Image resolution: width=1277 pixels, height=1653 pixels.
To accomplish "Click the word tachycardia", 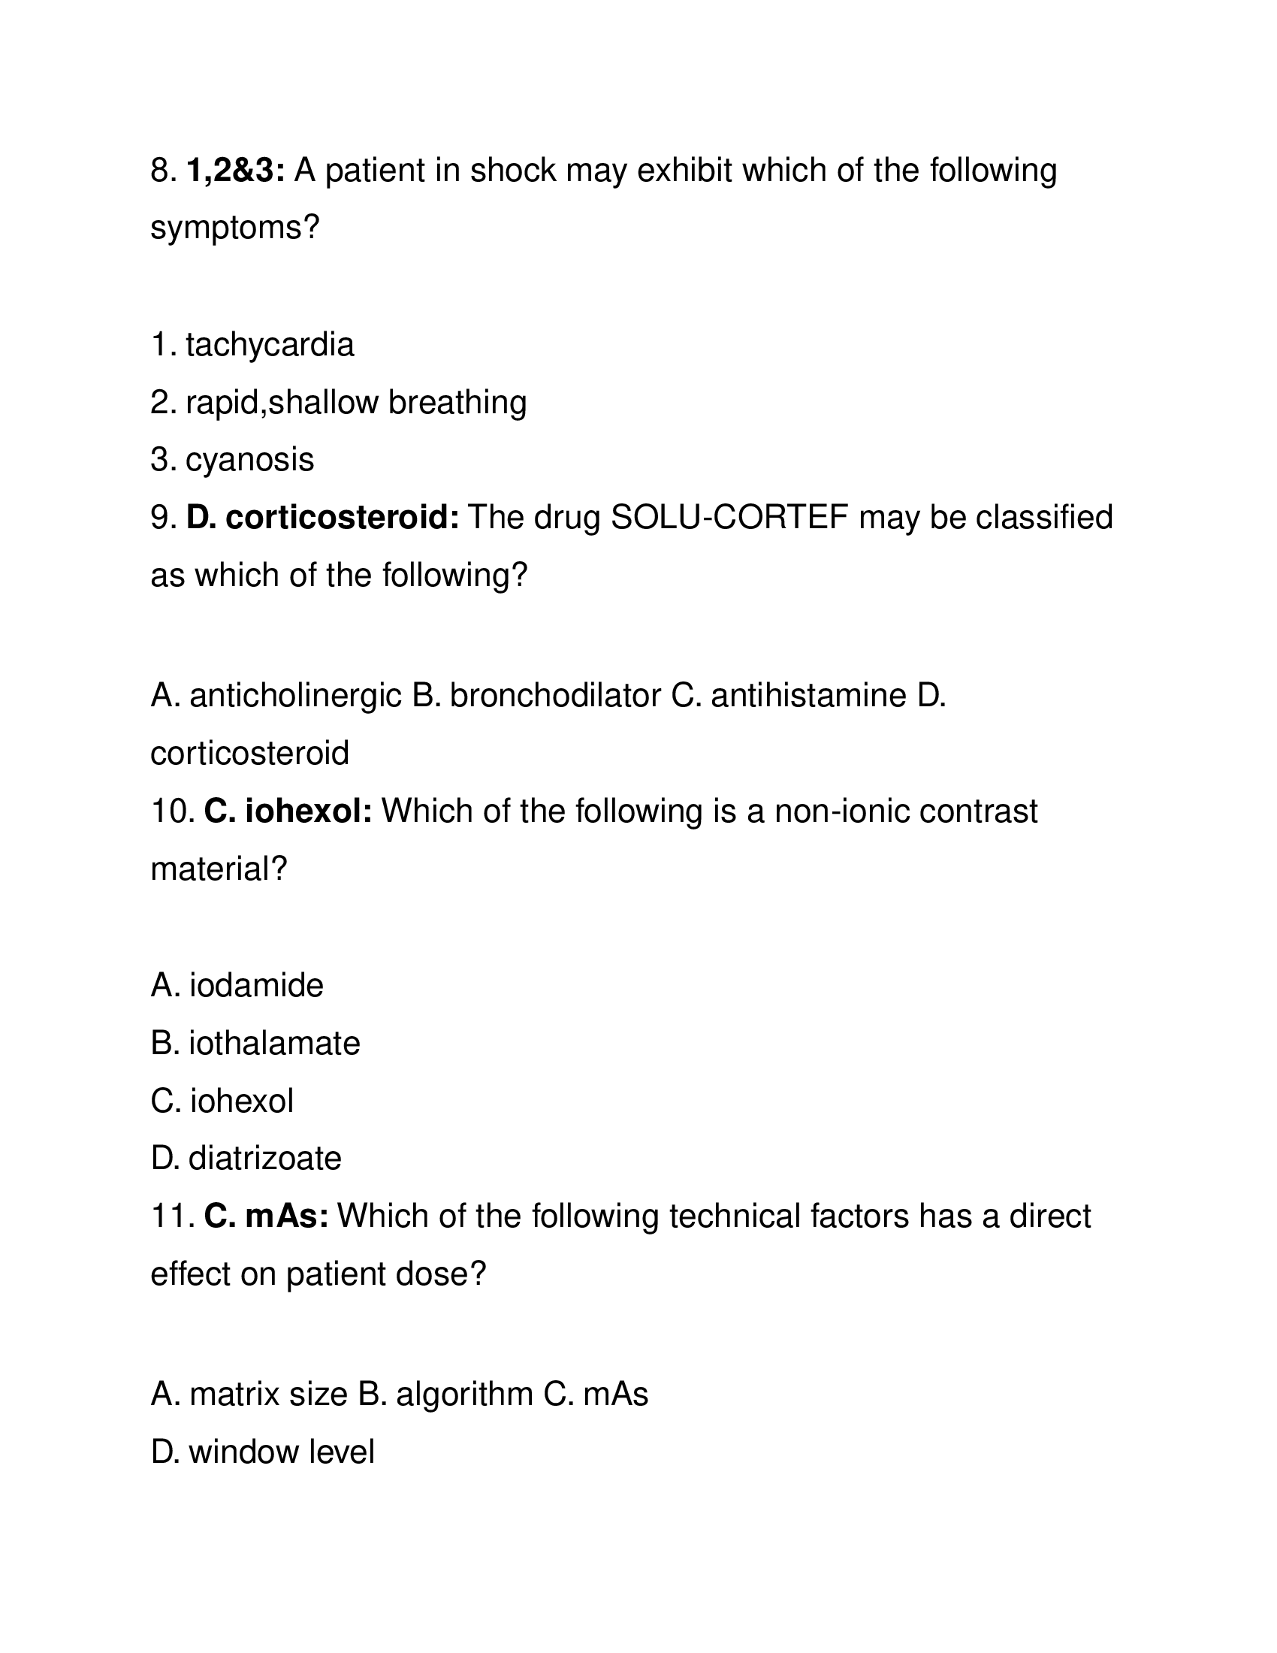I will [270, 345].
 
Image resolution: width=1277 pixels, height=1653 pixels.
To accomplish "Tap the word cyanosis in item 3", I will [249, 460].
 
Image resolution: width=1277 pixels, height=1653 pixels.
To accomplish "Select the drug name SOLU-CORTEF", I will [729, 518].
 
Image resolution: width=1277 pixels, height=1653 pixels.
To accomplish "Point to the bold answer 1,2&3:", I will [235, 171].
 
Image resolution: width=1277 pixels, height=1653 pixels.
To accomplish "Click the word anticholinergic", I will [295, 696].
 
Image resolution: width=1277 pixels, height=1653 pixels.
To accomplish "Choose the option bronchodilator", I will [555, 696].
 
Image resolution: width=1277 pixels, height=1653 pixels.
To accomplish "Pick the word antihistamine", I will [808, 696].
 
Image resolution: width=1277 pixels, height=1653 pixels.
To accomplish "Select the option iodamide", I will [255, 986].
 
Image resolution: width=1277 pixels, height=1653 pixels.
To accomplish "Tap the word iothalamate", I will [274, 1044].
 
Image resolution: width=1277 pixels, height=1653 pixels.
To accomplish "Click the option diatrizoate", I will [264, 1159].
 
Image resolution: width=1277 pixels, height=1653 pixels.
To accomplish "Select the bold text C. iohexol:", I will [288, 811].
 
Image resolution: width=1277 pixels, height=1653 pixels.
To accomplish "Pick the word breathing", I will [457, 403].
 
